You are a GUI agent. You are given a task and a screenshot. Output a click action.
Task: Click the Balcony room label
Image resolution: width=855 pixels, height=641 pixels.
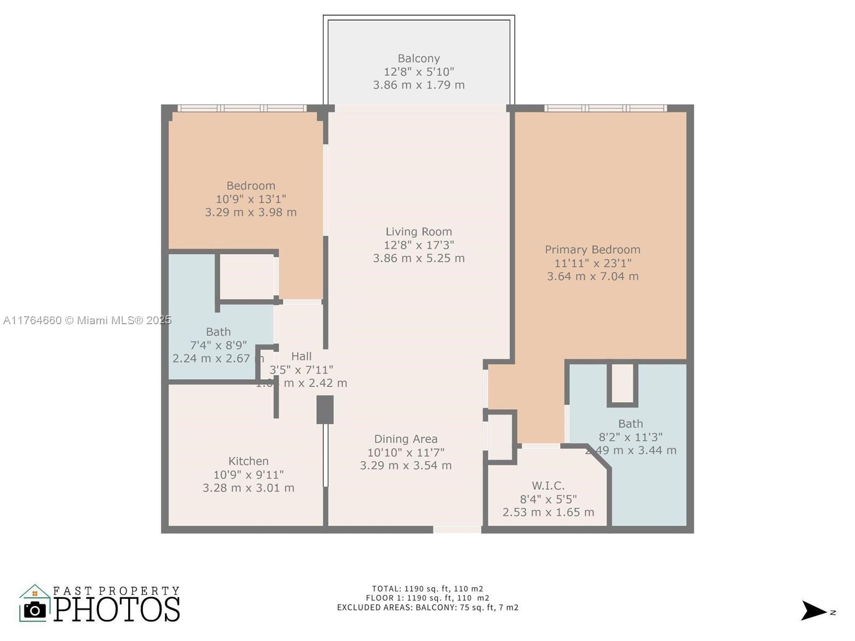418,59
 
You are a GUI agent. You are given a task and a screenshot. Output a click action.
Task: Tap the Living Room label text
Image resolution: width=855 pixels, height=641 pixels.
418,232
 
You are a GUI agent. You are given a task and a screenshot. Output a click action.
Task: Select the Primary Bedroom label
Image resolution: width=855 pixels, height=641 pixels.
592,249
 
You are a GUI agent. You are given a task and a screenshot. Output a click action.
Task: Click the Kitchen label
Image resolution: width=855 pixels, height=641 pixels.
248,461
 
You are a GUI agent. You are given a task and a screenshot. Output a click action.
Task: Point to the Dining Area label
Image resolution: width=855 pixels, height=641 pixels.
406,439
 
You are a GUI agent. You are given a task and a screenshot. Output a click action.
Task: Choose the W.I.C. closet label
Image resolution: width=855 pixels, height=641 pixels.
548,486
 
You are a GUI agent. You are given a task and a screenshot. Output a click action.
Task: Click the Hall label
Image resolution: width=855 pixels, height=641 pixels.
301,356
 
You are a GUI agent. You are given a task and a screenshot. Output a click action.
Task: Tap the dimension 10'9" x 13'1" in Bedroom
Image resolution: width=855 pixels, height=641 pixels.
251,199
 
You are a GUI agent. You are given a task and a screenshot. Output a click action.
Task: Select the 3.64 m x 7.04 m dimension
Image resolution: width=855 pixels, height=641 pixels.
592,276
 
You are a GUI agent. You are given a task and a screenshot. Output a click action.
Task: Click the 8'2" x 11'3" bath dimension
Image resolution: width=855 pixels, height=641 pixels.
631,437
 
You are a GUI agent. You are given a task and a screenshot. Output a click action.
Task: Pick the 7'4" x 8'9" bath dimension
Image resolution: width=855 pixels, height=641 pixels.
218,345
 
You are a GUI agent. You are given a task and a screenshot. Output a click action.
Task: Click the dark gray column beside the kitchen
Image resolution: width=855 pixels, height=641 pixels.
325,410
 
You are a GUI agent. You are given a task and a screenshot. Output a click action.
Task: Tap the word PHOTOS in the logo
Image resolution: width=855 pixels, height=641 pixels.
117,609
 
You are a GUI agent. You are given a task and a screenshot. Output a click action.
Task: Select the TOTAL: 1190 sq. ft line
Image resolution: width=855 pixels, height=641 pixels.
428,589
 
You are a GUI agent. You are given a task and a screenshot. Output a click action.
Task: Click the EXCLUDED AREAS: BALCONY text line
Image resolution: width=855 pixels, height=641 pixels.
428,607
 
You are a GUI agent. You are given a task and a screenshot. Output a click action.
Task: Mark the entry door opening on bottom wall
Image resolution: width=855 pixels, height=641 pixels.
457,529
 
